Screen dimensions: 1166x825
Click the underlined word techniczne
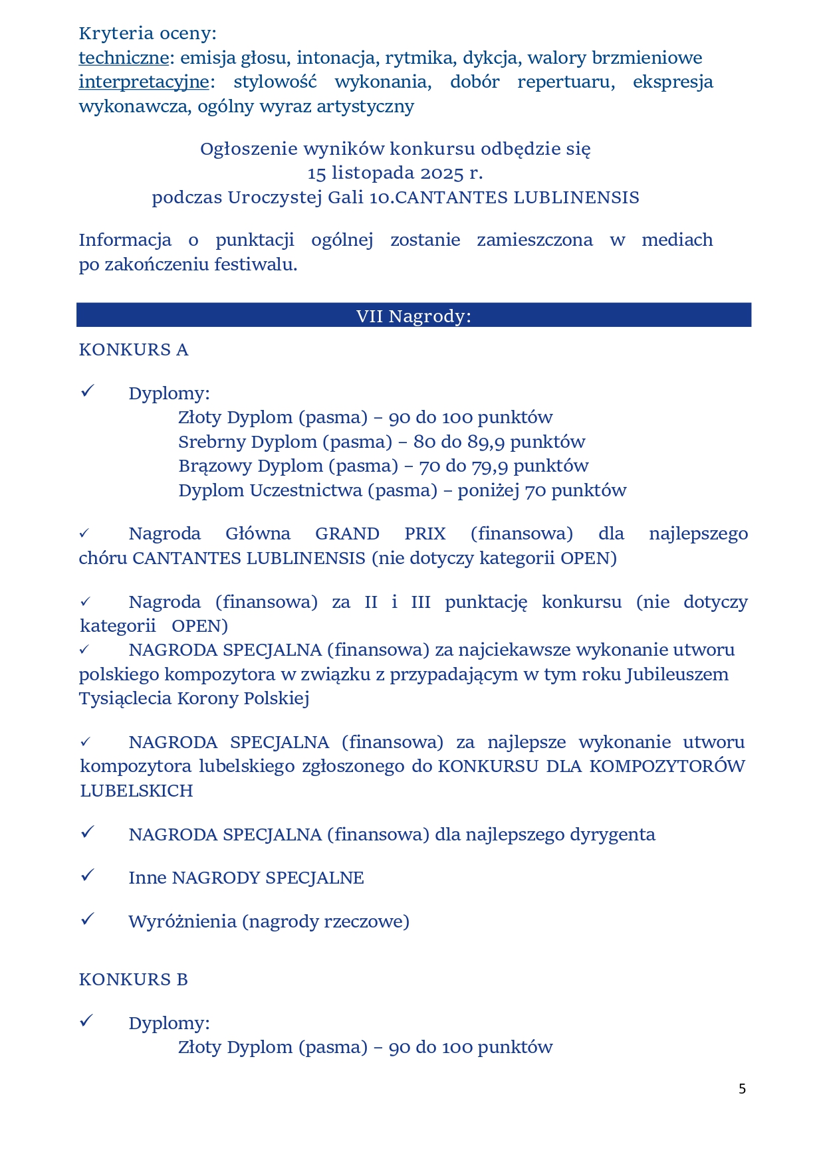[124, 58]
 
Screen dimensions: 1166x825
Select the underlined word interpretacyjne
[144, 82]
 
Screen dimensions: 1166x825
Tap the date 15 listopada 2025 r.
[395, 173]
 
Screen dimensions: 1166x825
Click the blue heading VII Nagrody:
[413, 316]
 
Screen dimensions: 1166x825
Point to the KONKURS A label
[134, 350]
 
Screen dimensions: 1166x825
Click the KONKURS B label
[134, 979]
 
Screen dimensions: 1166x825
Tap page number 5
[742, 1089]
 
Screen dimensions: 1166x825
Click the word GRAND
[347, 534]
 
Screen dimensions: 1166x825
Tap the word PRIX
[425, 534]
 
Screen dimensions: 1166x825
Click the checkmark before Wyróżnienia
[87, 920]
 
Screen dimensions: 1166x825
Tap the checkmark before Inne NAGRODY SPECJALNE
[87, 876]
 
